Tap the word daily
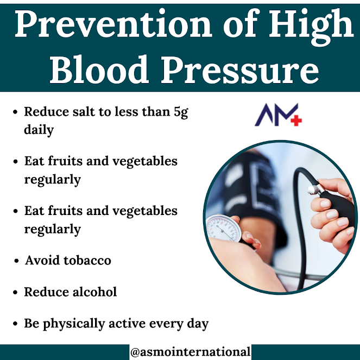tap(39, 131)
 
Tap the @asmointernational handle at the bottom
tap(190, 352)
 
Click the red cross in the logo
tap(295, 120)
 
